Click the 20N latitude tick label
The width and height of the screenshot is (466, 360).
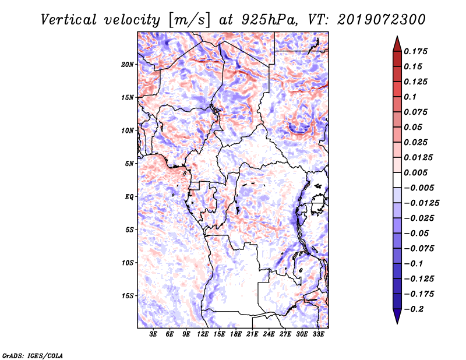(128, 64)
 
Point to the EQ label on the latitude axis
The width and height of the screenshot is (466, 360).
(129, 197)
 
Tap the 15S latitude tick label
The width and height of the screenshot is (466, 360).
(128, 296)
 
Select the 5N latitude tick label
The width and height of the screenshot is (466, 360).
(129, 164)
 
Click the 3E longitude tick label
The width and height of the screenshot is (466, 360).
(154, 334)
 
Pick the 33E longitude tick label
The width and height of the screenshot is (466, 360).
(318, 334)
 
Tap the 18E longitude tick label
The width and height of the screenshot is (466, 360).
(236, 334)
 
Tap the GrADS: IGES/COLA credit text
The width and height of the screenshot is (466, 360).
(33, 355)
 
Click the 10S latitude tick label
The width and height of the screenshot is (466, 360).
(128, 263)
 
